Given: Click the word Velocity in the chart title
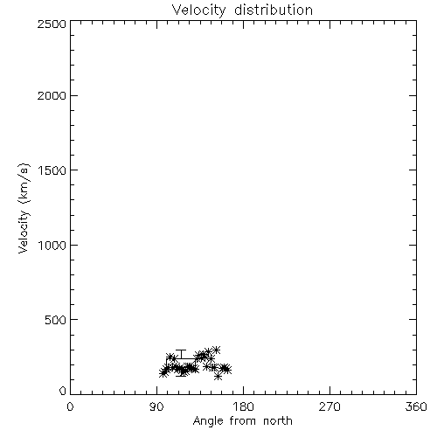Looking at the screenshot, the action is click(x=198, y=10).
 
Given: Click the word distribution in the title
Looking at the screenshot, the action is click(x=274, y=10).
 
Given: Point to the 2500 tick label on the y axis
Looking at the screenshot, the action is click(x=52, y=24).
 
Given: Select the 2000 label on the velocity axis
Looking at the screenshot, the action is click(x=52, y=95).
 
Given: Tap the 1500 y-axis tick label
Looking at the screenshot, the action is click(x=52, y=170).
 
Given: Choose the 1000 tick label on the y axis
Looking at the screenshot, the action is click(x=52, y=245).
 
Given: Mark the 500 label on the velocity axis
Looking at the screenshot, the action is click(x=56, y=320).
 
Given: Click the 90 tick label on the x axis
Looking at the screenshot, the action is click(x=156, y=407).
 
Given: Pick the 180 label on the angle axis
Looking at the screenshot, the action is click(x=243, y=407).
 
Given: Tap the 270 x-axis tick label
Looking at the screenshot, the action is click(x=329, y=407).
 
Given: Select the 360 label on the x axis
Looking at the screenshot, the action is click(x=416, y=407).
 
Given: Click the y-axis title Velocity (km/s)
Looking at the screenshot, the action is click(x=24, y=208).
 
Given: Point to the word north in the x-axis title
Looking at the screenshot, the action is click(x=278, y=421).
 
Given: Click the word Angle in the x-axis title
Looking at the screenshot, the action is click(x=208, y=421).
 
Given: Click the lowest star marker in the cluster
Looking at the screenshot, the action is click(x=218, y=377).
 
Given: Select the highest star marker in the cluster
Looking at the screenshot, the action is click(x=216, y=350).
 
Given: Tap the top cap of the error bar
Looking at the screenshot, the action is click(x=181, y=350).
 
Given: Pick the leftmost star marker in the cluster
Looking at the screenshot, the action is click(x=163, y=373).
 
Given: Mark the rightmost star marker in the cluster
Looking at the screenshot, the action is click(x=227, y=370).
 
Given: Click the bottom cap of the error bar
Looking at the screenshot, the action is click(x=181, y=376).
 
